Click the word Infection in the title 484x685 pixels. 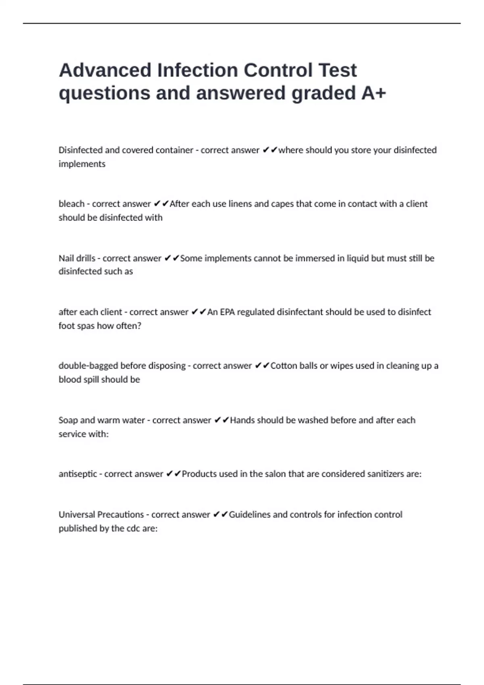[x=197, y=70]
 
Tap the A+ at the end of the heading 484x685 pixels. [x=373, y=93]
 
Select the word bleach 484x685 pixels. [x=71, y=204]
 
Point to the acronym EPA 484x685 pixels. [x=227, y=312]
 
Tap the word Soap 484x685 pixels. [x=68, y=420]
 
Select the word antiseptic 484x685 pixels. [x=77, y=474]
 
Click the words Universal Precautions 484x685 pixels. [x=101, y=515]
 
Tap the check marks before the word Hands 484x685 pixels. [x=221, y=420]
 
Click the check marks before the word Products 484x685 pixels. [x=173, y=474]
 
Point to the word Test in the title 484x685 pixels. [x=338, y=70]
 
